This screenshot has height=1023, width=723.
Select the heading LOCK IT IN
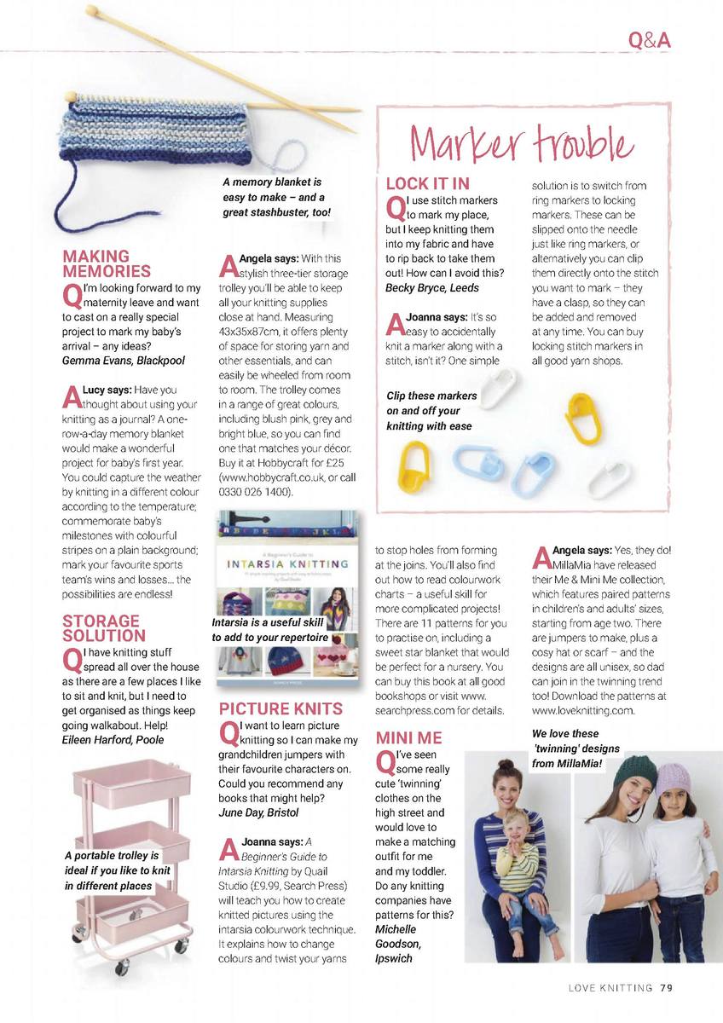pos(427,183)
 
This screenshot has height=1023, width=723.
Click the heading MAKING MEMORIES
pos(107,263)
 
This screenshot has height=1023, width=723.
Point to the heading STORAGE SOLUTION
pos(103,628)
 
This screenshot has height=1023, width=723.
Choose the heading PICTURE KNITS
pos(281,708)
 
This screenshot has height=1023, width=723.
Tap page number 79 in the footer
pos(666,989)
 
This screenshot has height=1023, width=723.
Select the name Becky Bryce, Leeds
pos(432,288)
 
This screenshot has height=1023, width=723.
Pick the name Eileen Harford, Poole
pos(113,739)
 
